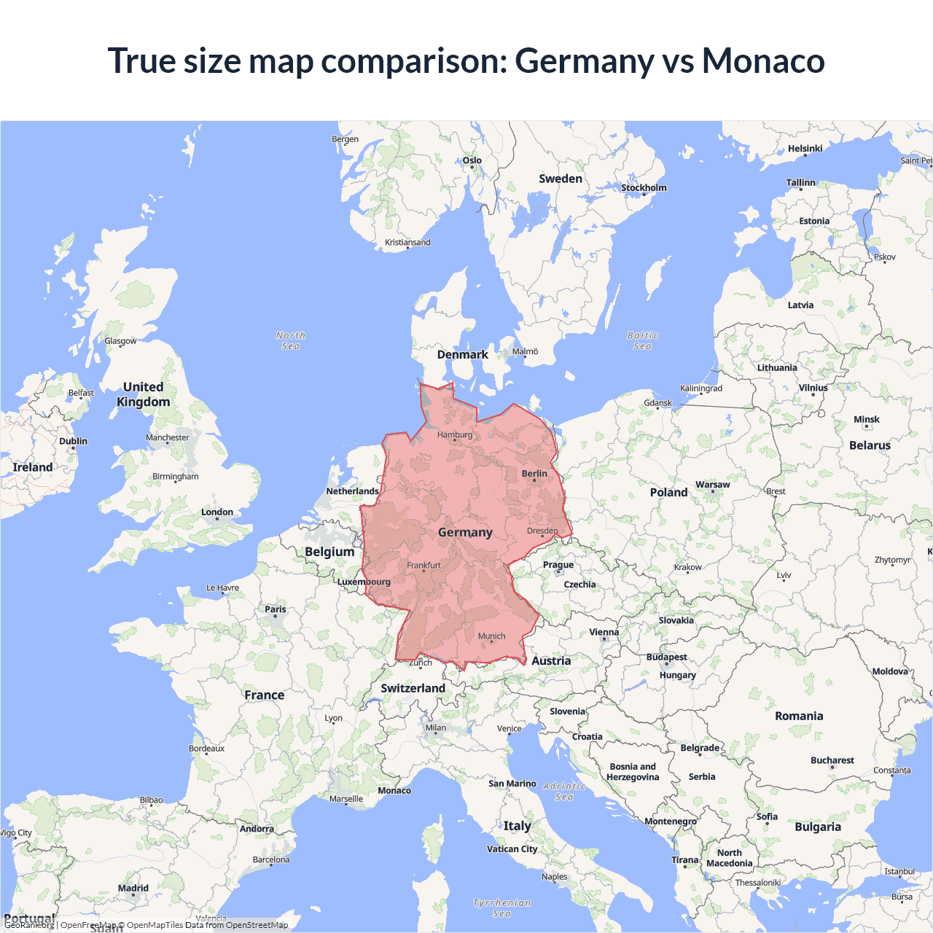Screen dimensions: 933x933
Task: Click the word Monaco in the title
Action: [x=763, y=60]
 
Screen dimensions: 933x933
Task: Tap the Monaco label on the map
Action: [x=394, y=791]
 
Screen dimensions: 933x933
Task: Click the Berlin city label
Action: [x=534, y=474]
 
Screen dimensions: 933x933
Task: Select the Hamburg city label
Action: [x=455, y=435]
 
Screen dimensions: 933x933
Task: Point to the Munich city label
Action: [x=492, y=636]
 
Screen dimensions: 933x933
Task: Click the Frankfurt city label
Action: [x=423, y=566]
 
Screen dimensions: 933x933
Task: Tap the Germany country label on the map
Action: [x=465, y=533]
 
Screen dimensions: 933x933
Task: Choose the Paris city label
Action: [x=276, y=609]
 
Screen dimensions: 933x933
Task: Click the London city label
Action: [x=217, y=512]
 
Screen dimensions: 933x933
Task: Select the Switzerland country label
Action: [x=413, y=688]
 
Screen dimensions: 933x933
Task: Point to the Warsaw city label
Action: [x=713, y=485]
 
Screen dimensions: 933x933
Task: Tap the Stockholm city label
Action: [x=644, y=188]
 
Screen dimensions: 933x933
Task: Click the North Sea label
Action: [x=291, y=340]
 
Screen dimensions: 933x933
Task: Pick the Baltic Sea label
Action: [x=642, y=340]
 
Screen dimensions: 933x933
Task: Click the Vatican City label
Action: [x=512, y=849]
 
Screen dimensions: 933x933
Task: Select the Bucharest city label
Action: [x=832, y=760]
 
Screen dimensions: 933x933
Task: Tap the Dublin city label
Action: [x=74, y=441]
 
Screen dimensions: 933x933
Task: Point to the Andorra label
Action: [x=257, y=829]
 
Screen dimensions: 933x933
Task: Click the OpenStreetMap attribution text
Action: [x=257, y=925]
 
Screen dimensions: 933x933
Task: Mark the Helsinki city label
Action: [x=805, y=149]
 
